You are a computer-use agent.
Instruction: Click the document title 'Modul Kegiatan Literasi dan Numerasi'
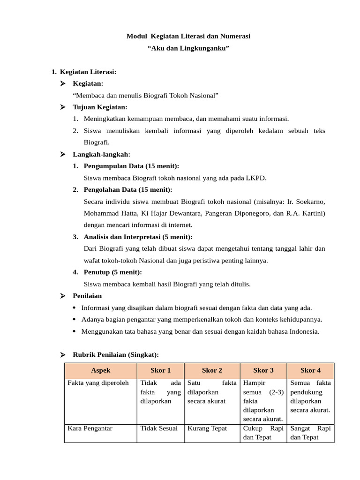point(188,36)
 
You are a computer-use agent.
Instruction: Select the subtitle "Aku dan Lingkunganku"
point(188,48)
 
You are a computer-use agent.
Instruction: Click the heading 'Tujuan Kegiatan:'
point(100,107)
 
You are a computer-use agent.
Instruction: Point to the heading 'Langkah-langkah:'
point(102,154)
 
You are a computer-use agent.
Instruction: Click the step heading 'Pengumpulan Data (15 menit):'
point(131,166)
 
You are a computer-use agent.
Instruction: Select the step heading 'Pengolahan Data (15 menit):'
point(128,189)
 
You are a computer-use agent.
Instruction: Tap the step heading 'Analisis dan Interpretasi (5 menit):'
point(138,237)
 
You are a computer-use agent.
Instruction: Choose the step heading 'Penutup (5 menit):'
point(112,272)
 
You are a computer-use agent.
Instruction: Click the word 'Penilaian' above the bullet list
point(87,296)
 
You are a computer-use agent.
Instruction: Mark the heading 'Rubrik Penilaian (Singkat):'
point(116,354)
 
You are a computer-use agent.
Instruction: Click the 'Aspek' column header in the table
point(101,370)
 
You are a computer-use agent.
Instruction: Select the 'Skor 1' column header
point(160,370)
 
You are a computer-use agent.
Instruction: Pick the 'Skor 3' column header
point(263,370)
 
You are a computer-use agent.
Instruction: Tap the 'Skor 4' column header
point(310,370)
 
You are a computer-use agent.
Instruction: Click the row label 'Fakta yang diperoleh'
point(98,383)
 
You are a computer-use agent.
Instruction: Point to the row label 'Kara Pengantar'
point(90,428)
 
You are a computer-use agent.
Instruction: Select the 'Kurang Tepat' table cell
point(207,428)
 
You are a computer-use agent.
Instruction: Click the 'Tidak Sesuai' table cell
point(159,428)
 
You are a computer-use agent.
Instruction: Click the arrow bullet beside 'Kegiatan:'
point(63,84)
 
